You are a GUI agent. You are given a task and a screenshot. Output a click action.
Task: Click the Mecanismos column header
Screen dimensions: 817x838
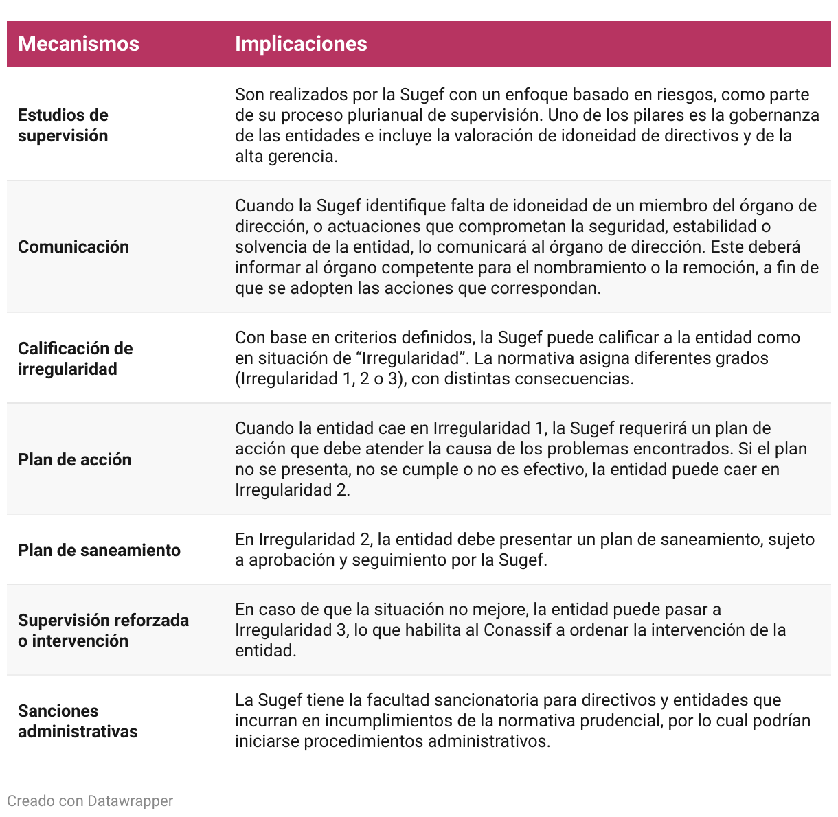click(x=78, y=44)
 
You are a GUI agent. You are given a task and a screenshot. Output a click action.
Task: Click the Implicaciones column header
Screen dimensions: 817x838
click(x=301, y=44)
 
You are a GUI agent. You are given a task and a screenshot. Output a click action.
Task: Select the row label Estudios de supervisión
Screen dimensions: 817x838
click(x=63, y=125)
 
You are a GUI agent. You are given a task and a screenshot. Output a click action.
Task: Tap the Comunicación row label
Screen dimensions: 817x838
click(x=73, y=247)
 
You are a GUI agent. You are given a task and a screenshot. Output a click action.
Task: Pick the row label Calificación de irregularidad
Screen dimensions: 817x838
click(x=75, y=358)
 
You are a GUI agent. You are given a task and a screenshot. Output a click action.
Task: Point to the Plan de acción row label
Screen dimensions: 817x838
click(x=74, y=460)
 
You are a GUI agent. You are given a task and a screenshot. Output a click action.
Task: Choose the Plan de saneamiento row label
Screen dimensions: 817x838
click(x=99, y=551)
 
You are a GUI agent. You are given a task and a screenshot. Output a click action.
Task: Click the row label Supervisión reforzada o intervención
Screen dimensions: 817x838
click(x=103, y=630)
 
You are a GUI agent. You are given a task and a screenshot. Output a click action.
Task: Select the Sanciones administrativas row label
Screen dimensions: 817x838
click(x=78, y=721)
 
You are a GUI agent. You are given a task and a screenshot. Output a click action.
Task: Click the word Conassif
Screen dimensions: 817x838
click(x=517, y=630)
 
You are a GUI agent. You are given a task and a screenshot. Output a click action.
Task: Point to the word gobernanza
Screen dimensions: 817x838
click(x=773, y=115)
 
